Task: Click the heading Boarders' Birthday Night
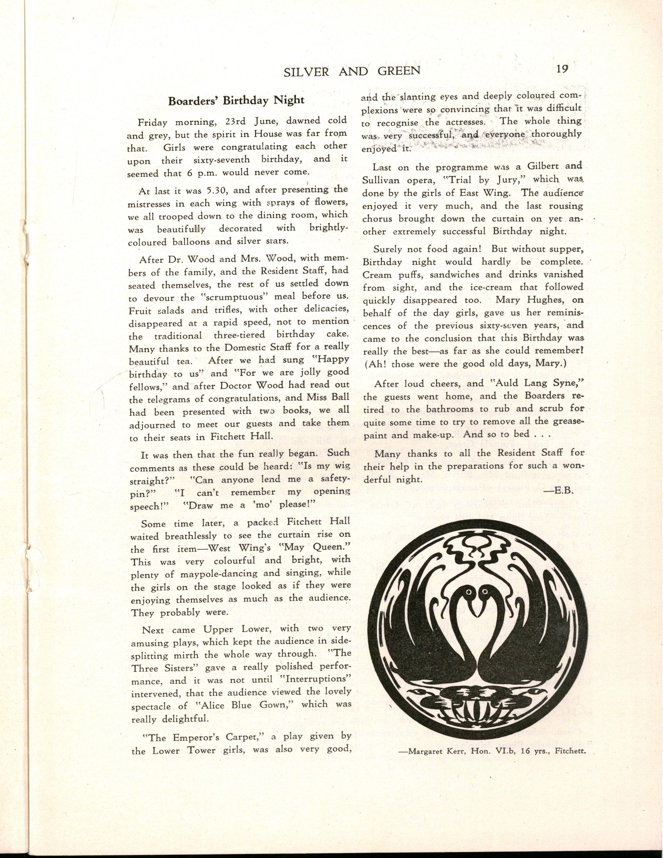(x=236, y=100)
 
